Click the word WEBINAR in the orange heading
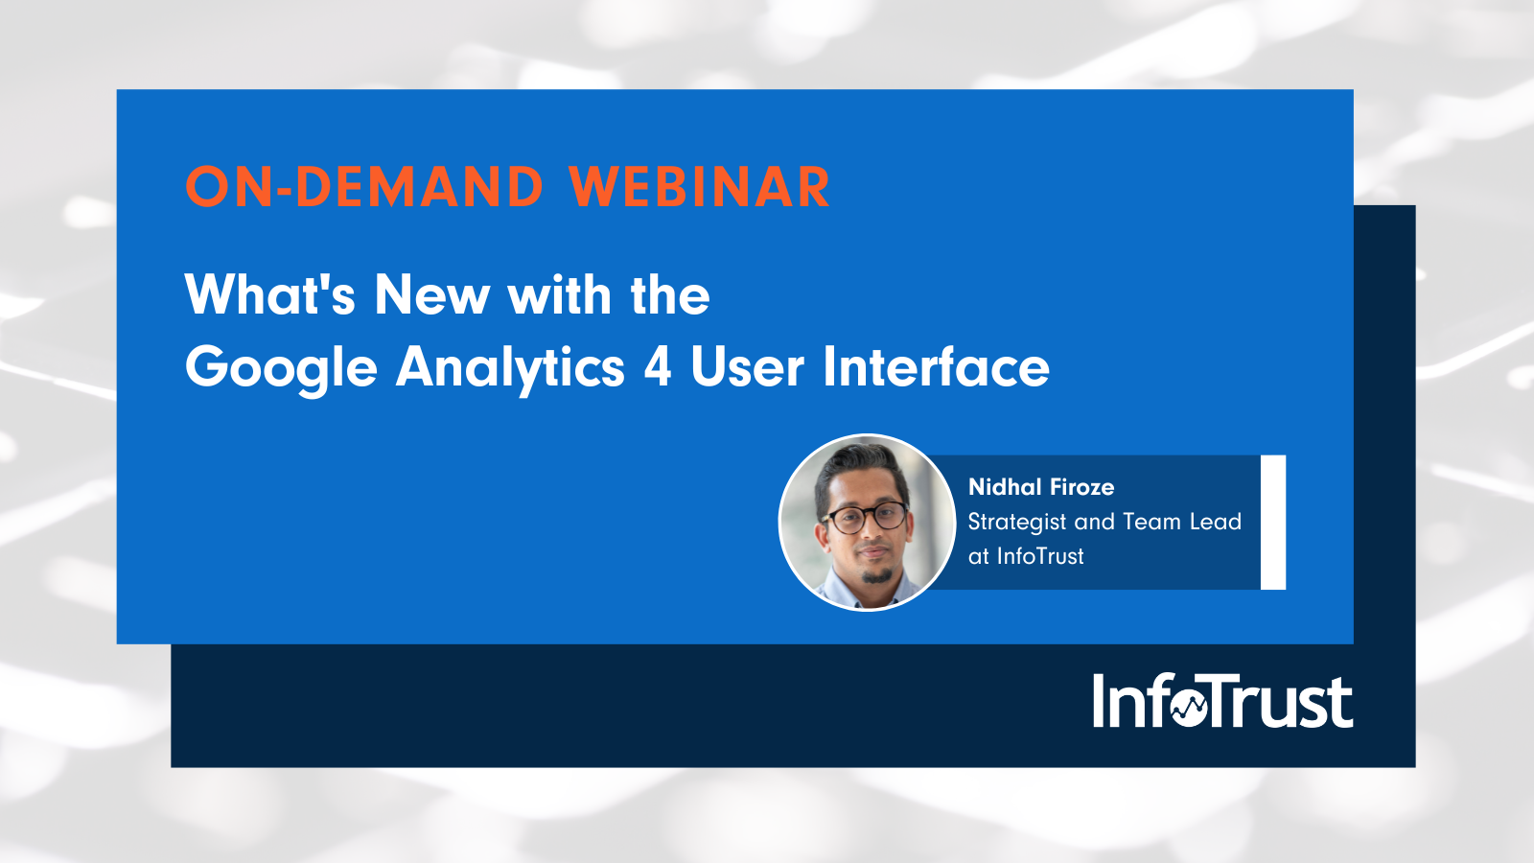click(699, 187)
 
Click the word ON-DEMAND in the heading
click(364, 187)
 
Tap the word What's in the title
click(269, 294)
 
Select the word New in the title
click(431, 294)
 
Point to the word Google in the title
click(281, 368)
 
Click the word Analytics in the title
click(510, 368)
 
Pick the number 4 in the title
click(657, 367)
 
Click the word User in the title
click(746, 367)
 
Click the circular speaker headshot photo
click(867, 523)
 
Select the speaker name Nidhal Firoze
click(1041, 487)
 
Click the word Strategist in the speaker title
click(1016, 523)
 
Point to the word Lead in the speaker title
click(1215, 522)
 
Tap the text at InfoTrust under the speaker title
click(1026, 556)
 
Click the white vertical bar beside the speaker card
click(1272, 523)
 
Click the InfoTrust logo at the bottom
click(1222, 701)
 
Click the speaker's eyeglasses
click(865, 519)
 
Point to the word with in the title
click(559, 294)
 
